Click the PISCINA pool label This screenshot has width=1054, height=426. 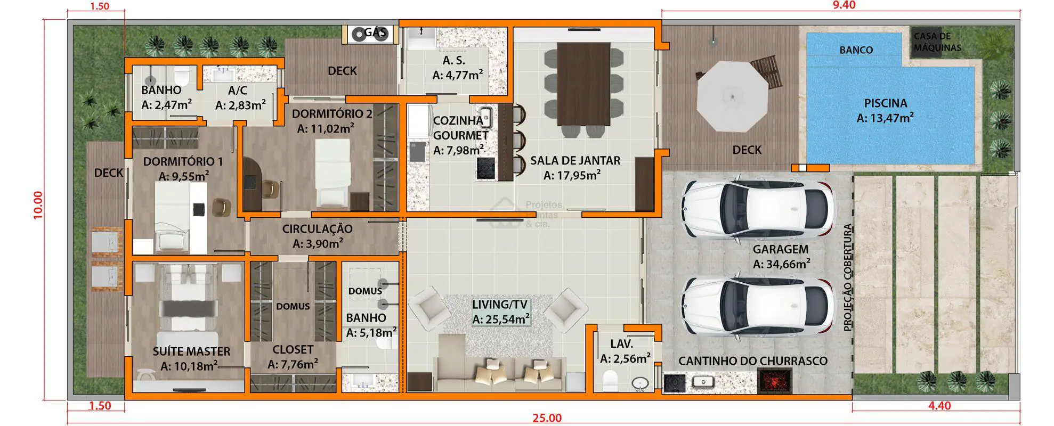(x=885, y=103)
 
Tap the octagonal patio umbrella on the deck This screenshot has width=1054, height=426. (x=732, y=97)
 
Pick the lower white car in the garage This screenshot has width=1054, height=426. (x=757, y=306)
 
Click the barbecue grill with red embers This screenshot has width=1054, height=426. (x=775, y=381)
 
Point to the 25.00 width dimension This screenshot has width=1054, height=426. (x=547, y=419)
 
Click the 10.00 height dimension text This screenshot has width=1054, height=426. (x=38, y=205)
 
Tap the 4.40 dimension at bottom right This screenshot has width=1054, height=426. (x=939, y=406)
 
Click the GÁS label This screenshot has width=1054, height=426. (x=375, y=32)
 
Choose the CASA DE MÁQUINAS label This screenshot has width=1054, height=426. (x=937, y=42)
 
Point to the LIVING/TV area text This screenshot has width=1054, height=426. (x=500, y=305)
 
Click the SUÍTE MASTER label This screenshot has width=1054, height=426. (x=191, y=351)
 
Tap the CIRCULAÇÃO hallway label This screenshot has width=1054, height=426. (x=317, y=229)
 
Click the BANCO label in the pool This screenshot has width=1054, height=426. (x=856, y=50)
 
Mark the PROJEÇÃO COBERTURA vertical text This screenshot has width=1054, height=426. (x=848, y=278)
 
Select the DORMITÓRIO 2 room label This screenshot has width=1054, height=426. (x=332, y=113)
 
